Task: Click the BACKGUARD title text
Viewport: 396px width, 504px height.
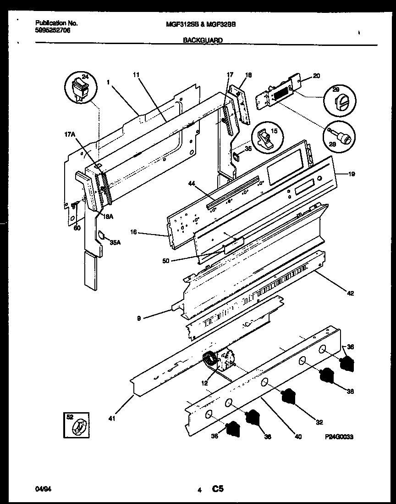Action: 203,40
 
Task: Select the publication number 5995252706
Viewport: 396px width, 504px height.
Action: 52,30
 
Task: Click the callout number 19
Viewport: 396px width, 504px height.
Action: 351,174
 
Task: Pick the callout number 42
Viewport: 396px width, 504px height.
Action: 350,293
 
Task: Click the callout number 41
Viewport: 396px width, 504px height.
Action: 112,418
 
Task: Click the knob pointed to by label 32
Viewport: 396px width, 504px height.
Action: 288,396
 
